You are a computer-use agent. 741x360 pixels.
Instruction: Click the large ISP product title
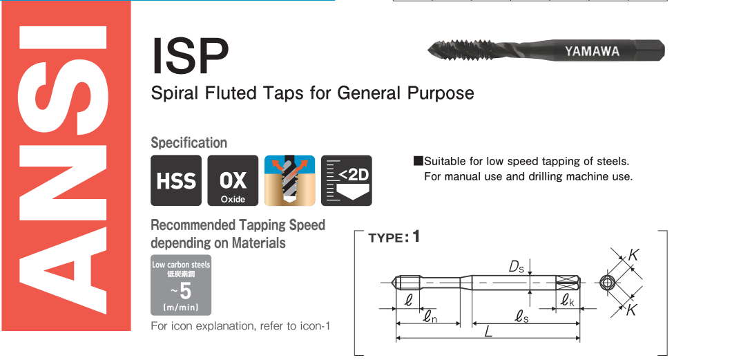tap(190, 56)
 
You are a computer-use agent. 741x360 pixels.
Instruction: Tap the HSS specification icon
tap(176, 181)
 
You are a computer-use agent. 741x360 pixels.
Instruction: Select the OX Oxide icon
tap(233, 181)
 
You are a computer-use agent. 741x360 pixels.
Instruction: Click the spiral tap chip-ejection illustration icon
tap(289, 181)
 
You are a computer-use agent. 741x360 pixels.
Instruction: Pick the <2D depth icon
tap(347, 181)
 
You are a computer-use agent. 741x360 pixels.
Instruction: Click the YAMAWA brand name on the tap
tap(592, 51)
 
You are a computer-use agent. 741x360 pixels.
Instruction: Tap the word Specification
tap(189, 142)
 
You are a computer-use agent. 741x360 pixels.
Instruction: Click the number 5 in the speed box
tap(186, 292)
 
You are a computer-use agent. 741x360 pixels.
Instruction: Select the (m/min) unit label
tap(181, 307)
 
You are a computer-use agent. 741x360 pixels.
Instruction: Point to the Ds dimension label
tap(516, 267)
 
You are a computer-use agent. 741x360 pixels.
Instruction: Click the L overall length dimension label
tap(489, 331)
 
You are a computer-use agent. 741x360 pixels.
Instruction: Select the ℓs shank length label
tap(521, 317)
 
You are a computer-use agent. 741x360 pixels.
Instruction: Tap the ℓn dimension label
tap(429, 317)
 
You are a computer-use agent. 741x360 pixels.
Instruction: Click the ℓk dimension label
tap(567, 301)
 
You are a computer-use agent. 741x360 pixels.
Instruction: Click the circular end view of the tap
tap(606, 283)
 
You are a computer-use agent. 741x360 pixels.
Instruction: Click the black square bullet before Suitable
tap(418, 161)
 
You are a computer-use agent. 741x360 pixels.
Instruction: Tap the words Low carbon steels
tap(181, 265)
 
